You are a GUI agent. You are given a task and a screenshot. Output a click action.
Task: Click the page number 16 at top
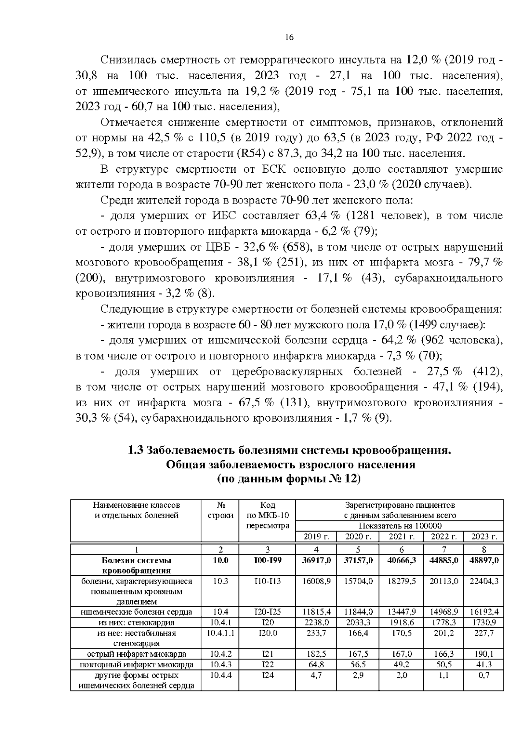pyautogui.click(x=289, y=37)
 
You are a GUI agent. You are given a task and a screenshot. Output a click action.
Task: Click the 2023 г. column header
pyautogui.click(x=484, y=536)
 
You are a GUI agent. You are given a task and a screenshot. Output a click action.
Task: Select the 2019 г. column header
pyautogui.click(x=316, y=536)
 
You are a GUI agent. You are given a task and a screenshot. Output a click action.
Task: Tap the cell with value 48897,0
pyautogui.click(x=484, y=560)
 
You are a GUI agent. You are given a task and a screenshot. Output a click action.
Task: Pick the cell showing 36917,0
pyautogui.click(x=316, y=560)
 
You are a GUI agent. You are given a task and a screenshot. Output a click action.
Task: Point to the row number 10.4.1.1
pyautogui.click(x=220, y=633)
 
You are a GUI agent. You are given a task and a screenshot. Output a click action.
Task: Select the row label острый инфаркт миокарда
pyautogui.click(x=136, y=654)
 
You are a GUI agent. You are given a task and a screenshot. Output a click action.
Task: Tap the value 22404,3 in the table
pyautogui.click(x=484, y=581)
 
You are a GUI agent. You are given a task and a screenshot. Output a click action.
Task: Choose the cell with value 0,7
pyautogui.click(x=484, y=675)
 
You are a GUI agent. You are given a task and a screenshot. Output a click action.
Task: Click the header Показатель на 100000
pyautogui.click(x=400, y=526)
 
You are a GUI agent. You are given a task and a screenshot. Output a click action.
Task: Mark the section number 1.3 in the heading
pyautogui.click(x=136, y=451)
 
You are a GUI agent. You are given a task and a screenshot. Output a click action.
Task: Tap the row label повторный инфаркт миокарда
pyautogui.click(x=136, y=665)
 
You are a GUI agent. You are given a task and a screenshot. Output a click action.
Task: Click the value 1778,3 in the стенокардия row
pyautogui.click(x=443, y=622)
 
